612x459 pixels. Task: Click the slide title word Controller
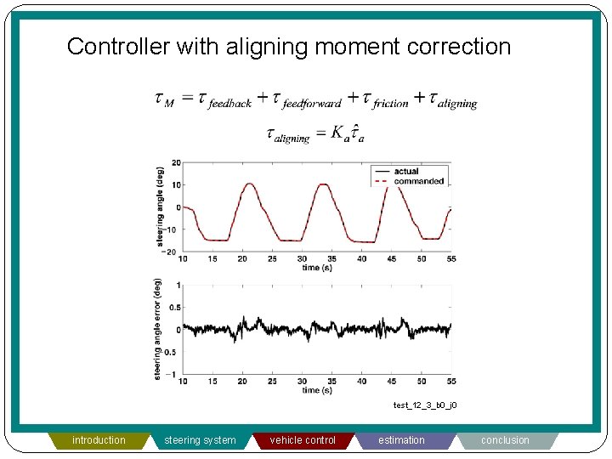[x=118, y=47]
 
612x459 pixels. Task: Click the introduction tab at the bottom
[x=99, y=440]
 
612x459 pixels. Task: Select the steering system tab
[x=200, y=440]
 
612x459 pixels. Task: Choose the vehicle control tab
[x=303, y=440]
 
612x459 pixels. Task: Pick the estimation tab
[x=401, y=440]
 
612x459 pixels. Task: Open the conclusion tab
[x=505, y=440]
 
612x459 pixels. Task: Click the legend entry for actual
[x=406, y=172]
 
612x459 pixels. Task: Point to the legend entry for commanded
[x=418, y=181]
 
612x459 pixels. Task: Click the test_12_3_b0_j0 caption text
[x=424, y=405]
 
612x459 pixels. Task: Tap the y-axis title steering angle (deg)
[x=160, y=207]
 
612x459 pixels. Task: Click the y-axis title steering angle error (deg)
[x=158, y=329]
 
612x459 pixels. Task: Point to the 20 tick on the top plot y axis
[x=175, y=162]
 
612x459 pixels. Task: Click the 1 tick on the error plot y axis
[x=177, y=285]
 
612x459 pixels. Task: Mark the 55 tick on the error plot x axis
[x=450, y=382]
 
